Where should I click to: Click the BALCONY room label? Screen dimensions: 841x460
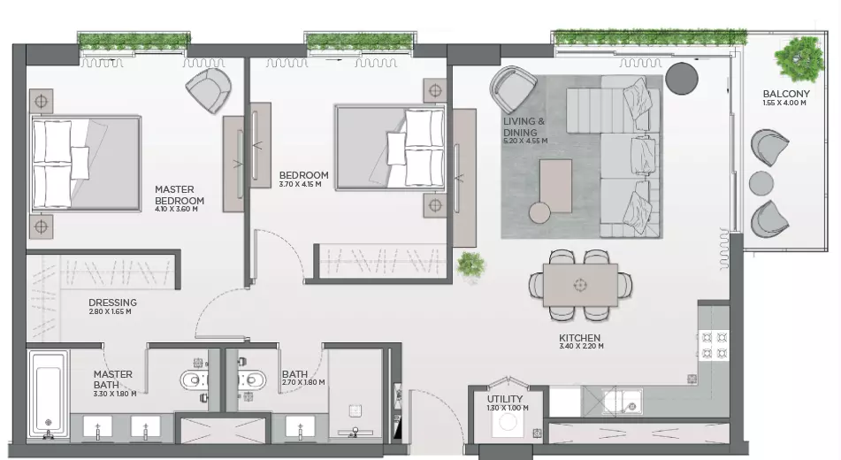(786, 94)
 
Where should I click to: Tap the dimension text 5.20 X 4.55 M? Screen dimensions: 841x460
(525, 142)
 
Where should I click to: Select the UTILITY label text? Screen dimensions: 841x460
(505, 399)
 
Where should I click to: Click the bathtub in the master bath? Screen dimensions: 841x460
(49, 395)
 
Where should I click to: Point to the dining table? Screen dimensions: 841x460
(580, 285)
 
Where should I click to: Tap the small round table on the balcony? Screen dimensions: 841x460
(761, 182)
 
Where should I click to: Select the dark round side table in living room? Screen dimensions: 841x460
(682, 79)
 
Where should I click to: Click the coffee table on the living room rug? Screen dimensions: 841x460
(555, 186)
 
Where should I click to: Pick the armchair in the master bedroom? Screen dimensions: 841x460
(209, 89)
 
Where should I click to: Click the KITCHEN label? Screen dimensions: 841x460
(579, 338)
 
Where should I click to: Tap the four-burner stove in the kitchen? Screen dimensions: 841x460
(715, 345)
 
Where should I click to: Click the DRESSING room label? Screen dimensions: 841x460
(112, 303)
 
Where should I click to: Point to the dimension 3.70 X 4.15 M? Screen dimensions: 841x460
(301, 184)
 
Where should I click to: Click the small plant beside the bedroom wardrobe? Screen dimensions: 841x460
(470, 264)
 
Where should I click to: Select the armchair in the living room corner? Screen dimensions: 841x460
(512, 89)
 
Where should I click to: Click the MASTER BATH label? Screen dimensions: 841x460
(112, 379)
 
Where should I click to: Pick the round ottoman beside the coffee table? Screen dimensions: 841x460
(539, 212)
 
